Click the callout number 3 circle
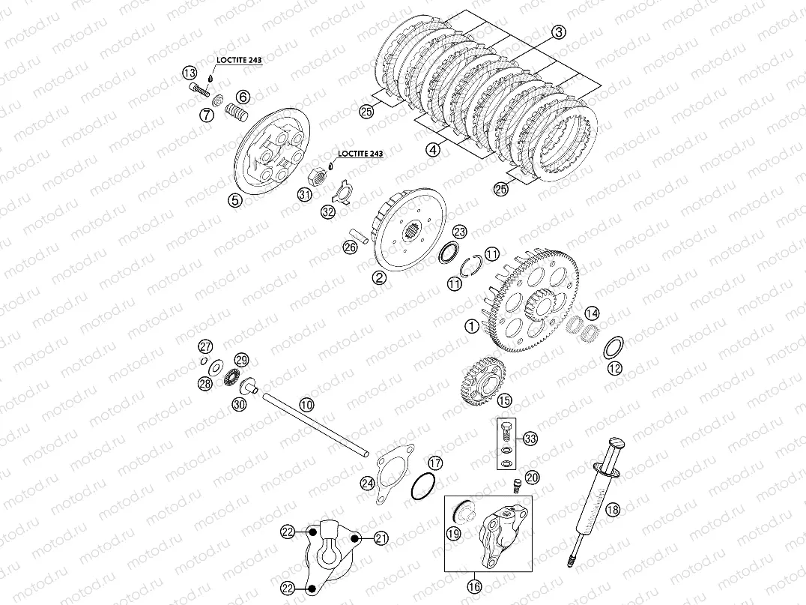(x=559, y=32)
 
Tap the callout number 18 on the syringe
(x=613, y=509)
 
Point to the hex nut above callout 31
(x=318, y=177)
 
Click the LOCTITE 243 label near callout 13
(x=238, y=60)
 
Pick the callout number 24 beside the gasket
(x=368, y=483)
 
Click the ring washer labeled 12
(x=613, y=349)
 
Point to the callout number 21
(x=381, y=538)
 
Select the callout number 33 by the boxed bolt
(x=530, y=439)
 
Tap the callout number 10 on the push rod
(x=307, y=405)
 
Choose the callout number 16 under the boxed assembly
(x=474, y=586)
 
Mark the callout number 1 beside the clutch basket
(x=471, y=325)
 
